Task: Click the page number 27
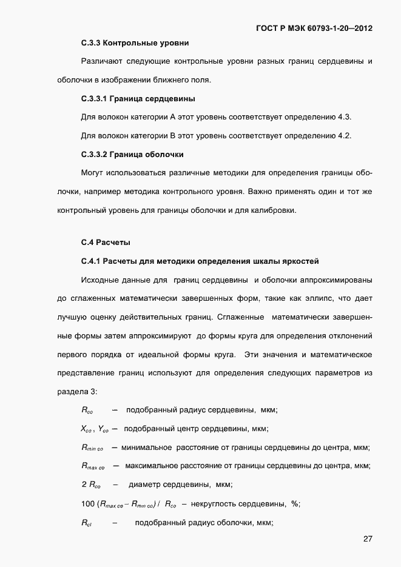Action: pyautogui.click(x=368, y=538)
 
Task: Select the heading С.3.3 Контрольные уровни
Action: pyautogui.click(x=135, y=43)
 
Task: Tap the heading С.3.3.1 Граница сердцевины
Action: pyautogui.click(x=138, y=98)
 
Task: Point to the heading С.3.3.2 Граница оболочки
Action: pyautogui.click(x=132, y=154)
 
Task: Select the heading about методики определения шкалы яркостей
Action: pyautogui.click(x=200, y=261)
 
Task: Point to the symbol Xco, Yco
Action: pyautogui.click(x=94, y=429)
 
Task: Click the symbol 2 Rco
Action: pyautogui.click(x=91, y=485)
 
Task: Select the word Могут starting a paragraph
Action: pyautogui.click(x=92, y=173)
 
